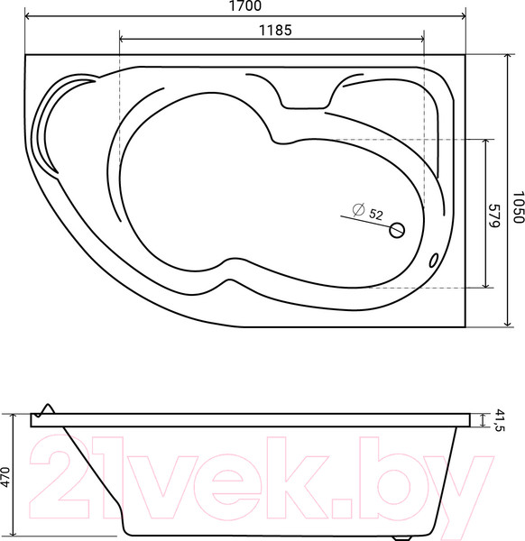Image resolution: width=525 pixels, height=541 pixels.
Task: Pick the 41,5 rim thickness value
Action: (x=500, y=420)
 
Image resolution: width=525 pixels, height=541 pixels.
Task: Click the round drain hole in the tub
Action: (x=396, y=230)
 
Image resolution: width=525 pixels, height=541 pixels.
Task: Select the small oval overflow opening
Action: (x=435, y=260)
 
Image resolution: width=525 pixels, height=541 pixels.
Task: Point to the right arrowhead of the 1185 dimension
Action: (x=420, y=39)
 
